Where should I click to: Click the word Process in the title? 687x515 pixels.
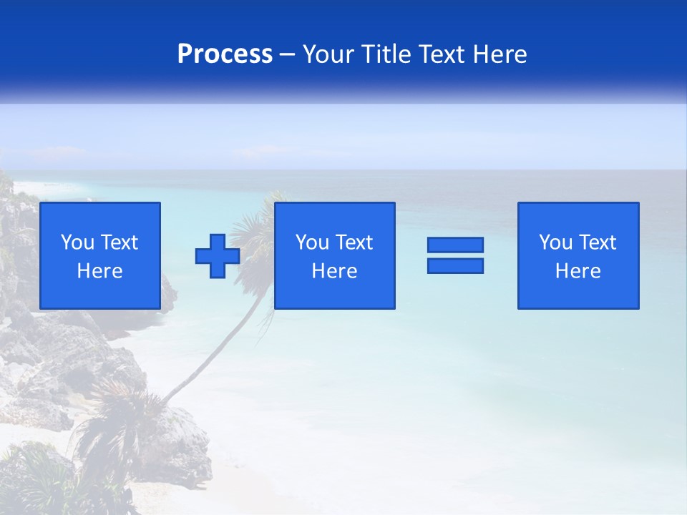[225, 54]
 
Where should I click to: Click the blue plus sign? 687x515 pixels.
[218, 256]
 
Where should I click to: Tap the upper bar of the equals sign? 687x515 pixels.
[455, 245]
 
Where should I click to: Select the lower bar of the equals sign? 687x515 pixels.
[455, 266]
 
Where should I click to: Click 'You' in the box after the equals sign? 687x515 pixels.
[555, 242]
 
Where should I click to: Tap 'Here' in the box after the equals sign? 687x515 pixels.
[578, 271]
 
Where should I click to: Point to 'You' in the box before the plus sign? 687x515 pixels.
[77, 242]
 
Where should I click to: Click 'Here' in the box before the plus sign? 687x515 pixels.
[100, 271]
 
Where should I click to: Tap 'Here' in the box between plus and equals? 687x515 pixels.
[335, 271]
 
